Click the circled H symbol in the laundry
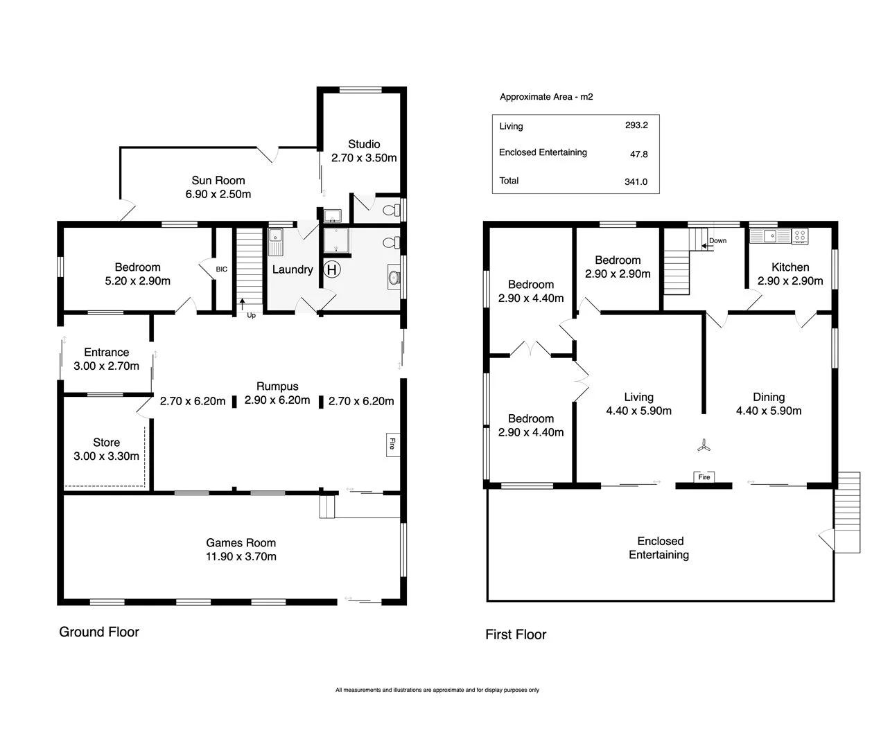coord(332,270)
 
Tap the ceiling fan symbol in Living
coord(704,446)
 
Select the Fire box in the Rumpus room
coord(392,444)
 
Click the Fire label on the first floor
coord(704,477)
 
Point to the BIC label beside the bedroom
coord(221,269)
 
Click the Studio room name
coord(364,144)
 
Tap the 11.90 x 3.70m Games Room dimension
coord(241,557)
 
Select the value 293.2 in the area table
coord(636,125)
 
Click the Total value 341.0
coord(636,181)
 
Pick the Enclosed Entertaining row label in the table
coord(543,152)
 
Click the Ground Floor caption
coord(99,632)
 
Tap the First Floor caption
coord(516,634)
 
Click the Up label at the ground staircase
coord(251,315)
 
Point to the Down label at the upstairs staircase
coord(718,241)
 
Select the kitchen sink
coord(769,235)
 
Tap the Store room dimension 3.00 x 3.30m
coord(106,456)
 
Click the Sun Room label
coord(218,180)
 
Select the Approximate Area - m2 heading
coord(546,97)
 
